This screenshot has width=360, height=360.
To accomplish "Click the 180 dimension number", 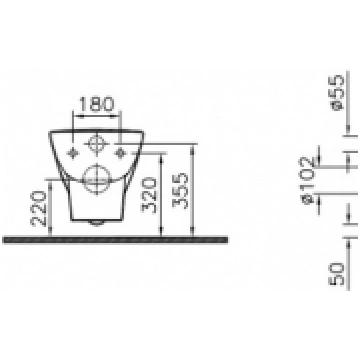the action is (x=96, y=104).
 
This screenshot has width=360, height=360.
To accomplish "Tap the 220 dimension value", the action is (x=39, y=208).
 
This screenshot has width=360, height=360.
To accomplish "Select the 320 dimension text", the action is (x=149, y=195).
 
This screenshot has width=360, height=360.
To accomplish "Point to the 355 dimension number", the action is (x=180, y=190).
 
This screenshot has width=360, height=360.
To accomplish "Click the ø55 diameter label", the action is (x=336, y=92).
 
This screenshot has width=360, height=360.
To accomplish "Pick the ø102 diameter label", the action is (x=307, y=180).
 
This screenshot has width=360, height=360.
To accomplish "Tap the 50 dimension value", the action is (x=336, y=274).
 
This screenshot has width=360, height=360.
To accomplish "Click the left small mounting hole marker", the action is (x=73, y=153).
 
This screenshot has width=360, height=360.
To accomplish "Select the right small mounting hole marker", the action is (x=119, y=153).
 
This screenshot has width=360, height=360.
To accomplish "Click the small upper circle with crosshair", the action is (x=96, y=144).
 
